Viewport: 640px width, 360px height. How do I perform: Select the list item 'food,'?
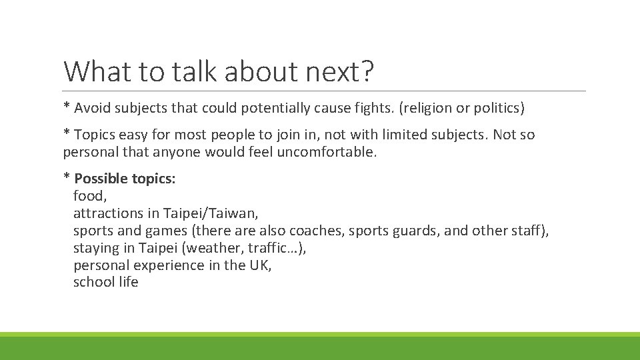[90, 196]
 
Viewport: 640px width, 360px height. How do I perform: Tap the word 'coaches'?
[318, 231]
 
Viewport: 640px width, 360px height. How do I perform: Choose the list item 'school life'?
[106, 282]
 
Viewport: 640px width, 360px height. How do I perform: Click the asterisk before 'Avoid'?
[66, 107]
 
